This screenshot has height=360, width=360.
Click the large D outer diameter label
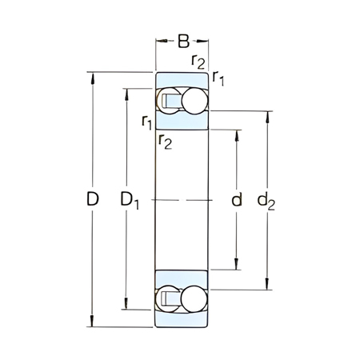tap(93, 200)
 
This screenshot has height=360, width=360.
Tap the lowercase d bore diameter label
tap(236, 200)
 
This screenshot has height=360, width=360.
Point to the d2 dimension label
tap(266, 201)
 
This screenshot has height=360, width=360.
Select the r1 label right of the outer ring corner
tap(219, 77)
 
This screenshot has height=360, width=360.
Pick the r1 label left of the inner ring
tap(146, 122)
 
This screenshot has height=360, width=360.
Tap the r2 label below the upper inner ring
tap(165, 142)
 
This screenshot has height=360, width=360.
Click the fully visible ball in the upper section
tap(194, 101)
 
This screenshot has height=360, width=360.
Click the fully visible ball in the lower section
tap(194, 299)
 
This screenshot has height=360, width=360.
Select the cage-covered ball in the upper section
tap(169, 101)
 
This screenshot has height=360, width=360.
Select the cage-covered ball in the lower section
tap(169, 299)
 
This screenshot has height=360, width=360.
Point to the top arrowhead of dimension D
tap(94, 77)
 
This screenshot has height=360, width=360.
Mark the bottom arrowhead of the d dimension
tap(236, 268)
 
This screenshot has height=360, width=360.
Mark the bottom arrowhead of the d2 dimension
tap(267, 286)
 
